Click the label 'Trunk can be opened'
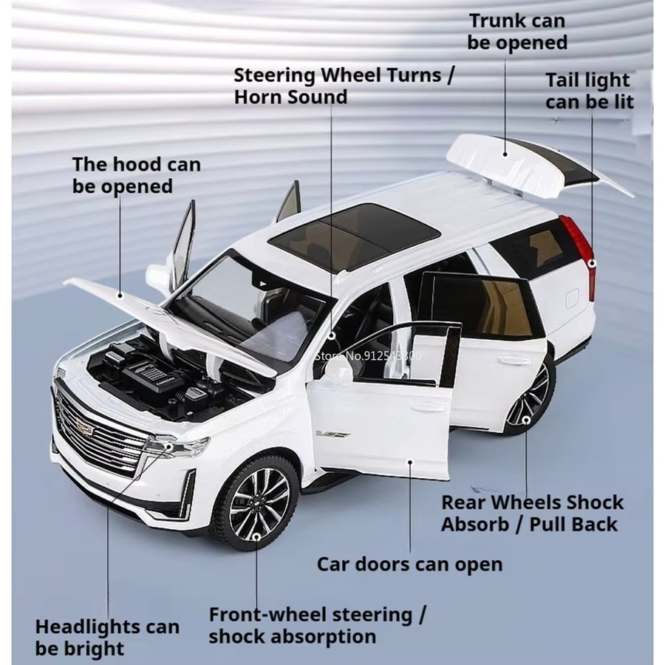pos(517,32)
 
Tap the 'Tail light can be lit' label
pos(589,91)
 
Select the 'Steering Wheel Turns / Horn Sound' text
pos(344,86)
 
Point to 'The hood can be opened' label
pos(136,175)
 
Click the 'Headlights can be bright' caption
pos(107,638)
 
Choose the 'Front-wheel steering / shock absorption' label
pos(317,626)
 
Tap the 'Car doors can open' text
pos(409,565)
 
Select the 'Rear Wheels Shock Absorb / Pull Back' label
pos(532,514)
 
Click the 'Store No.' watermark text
pos(368,355)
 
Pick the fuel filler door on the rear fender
pos(573,298)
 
